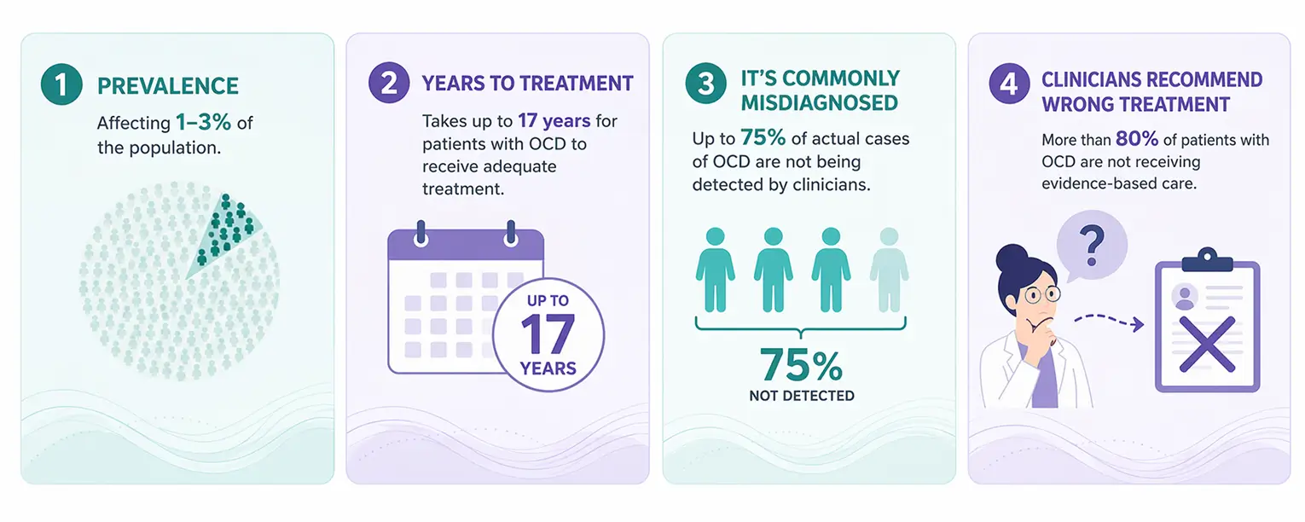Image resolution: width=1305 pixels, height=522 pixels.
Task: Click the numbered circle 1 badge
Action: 61,84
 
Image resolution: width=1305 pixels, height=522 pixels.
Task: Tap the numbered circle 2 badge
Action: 389,83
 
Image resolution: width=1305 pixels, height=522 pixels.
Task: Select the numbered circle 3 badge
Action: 705,84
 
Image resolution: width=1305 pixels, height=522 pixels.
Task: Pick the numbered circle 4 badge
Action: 1009,84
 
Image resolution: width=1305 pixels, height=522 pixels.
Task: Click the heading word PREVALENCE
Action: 168,86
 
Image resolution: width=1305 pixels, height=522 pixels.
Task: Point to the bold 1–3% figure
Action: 203,122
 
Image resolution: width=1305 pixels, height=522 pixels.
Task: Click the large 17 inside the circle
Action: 548,334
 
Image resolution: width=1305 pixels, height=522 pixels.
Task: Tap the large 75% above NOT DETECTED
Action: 801,365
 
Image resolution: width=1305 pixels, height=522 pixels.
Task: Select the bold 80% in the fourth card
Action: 1137,139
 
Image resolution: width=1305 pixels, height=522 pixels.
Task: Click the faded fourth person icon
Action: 889,270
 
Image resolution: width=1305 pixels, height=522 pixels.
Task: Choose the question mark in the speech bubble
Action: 1092,246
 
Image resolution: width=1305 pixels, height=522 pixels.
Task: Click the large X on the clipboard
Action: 1207,345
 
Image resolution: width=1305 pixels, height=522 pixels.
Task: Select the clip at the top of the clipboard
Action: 1207,260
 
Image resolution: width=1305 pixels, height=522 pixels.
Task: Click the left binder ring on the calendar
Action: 420,234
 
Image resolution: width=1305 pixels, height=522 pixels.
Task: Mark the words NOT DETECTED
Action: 802,396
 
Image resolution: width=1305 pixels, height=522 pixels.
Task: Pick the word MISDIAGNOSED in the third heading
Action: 819,103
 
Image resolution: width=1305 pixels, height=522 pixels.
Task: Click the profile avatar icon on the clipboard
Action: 1185,297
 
